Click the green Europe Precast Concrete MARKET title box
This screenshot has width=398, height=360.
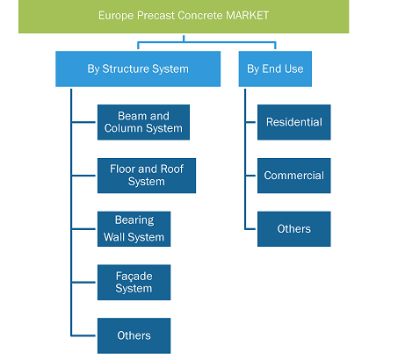coord(184,16)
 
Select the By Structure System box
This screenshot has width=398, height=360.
coord(138,68)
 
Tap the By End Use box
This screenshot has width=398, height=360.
coord(275,68)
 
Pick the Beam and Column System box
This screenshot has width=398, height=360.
coord(143,122)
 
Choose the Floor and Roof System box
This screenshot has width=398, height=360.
coord(147,176)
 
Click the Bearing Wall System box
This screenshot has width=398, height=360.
coord(134,229)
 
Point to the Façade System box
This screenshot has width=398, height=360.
coord(134,282)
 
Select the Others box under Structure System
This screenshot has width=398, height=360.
coord(134,335)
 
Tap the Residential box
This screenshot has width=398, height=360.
coord(294,122)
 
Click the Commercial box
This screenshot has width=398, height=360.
coord(294,176)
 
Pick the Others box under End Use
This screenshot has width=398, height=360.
coord(294,229)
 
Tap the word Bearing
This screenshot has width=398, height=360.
coord(134,220)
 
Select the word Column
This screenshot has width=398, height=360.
coord(123,128)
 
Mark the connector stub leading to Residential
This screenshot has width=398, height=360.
coord(250,122)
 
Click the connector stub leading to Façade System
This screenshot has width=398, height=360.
coord(83,282)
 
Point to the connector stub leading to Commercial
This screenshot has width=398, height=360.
coord(250,176)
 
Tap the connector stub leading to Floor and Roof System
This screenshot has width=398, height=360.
coord(83,176)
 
